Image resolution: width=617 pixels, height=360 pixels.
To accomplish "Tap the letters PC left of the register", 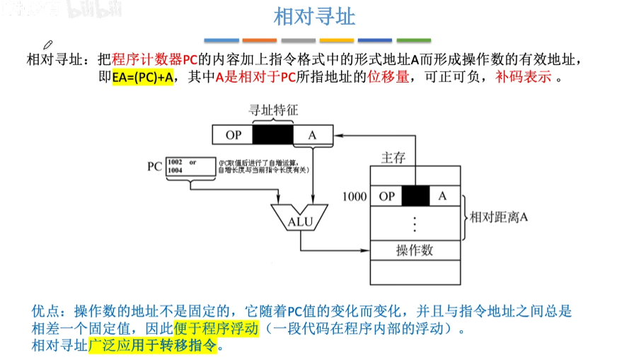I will click(154, 167).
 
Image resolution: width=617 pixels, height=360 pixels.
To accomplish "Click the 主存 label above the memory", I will click(393, 158).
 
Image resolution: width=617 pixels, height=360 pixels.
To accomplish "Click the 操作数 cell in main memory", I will click(415, 250).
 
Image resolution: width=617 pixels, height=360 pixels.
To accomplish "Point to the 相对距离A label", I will click(499, 217).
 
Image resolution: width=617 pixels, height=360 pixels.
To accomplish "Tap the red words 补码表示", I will click(524, 77).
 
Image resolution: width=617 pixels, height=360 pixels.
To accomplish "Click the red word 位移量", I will click(388, 77).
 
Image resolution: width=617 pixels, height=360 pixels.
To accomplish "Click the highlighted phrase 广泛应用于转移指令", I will click(154, 346).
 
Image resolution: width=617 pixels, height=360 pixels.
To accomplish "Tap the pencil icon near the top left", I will click(48, 46).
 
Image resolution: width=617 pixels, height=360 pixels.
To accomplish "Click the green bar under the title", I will click(414, 40).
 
